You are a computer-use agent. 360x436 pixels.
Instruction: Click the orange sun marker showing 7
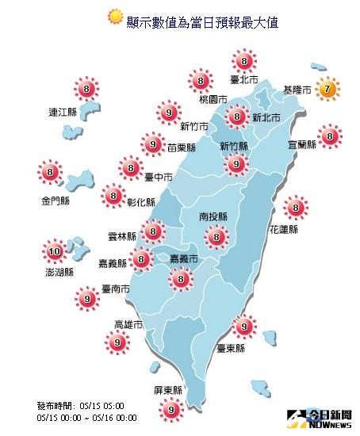click(327, 90)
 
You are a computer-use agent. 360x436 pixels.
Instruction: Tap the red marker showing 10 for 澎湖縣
click(54, 254)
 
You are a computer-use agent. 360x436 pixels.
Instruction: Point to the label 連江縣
click(62, 113)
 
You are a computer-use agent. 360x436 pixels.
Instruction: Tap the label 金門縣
click(49, 201)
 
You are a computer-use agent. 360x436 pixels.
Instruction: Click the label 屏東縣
click(168, 391)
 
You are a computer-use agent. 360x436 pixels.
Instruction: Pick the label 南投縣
click(214, 216)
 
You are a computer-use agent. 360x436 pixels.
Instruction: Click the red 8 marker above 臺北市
click(243, 61)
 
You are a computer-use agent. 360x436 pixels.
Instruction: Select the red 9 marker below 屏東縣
click(169, 410)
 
